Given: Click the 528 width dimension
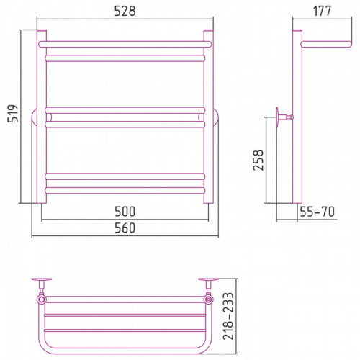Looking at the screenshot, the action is click(125, 11).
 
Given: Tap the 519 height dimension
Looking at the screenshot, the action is click(13, 114).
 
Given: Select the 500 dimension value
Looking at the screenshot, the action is click(125, 212).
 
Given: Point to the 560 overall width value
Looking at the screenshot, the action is click(125, 228).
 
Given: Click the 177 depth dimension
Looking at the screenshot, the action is click(322, 11).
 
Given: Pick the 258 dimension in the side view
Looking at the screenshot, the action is click(258, 160).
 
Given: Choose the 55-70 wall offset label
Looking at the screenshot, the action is click(317, 212).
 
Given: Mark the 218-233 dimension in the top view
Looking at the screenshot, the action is click(228, 316).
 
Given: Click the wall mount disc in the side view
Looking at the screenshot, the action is click(277, 117).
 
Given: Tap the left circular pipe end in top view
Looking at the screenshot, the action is click(42, 300).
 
